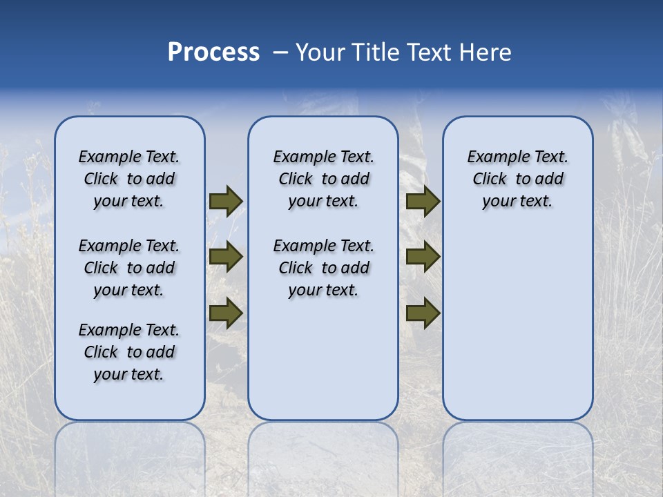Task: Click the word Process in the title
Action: tap(213, 52)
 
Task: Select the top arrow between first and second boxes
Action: tap(225, 201)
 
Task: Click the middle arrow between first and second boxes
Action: tap(225, 257)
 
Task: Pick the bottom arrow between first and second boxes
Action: tap(225, 313)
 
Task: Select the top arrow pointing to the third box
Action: tap(423, 201)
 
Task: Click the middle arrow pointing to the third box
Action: tap(423, 257)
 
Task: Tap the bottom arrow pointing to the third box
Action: tap(423, 313)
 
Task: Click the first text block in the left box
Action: tap(129, 179)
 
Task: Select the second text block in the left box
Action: tap(129, 268)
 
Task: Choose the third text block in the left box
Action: tap(129, 352)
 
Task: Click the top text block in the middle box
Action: tap(323, 179)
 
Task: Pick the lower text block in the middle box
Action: tap(323, 268)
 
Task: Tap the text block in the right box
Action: tap(517, 179)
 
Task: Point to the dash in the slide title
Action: tap(280, 52)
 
